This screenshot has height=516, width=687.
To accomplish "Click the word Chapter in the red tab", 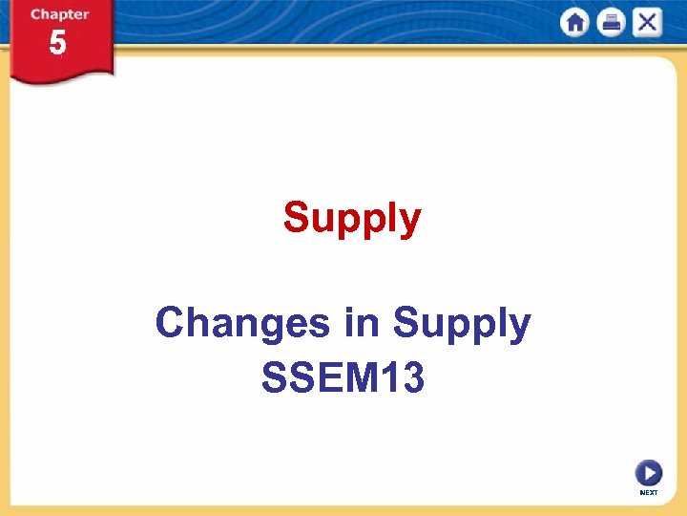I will [59, 14].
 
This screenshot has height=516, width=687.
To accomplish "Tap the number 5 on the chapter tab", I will [58, 44].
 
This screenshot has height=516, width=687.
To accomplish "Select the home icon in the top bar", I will [574, 23].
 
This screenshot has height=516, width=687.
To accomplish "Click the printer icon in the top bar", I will [611, 23].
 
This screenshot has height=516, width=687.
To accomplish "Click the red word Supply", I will [351, 219].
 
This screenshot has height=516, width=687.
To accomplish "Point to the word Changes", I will [243, 324].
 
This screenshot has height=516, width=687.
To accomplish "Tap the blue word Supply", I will [462, 325].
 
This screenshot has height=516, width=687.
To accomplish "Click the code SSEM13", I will [343, 378].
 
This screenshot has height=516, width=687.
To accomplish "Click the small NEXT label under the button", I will [649, 492].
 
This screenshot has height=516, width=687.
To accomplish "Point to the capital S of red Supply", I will [296, 218].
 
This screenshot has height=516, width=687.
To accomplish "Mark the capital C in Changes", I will [169, 324].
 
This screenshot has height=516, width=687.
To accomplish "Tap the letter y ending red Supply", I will [409, 222].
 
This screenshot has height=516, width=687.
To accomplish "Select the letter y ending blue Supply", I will [519, 328].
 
